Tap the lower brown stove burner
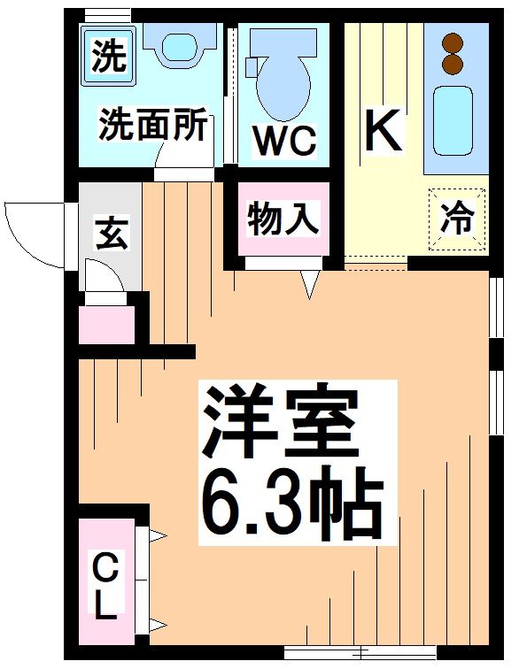pyautogui.click(x=454, y=64)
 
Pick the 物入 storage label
pyautogui.click(x=283, y=219)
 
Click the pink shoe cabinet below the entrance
pyautogui.click(x=106, y=325)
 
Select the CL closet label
pyautogui.click(x=106, y=584)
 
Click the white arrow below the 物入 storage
pyautogui.click(x=309, y=284)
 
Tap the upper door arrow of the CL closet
pyautogui.click(x=157, y=535)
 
